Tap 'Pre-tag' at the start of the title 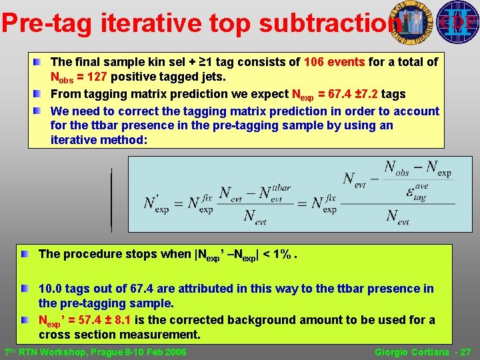pyautogui.click(x=47, y=23)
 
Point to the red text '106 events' pyautogui.click(x=334, y=62)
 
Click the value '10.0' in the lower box pyautogui.click(x=51, y=289)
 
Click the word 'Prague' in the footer pyautogui.click(x=113, y=352)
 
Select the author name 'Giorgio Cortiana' pyautogui.click(x=411, y=352)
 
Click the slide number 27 pyautogui.click(x=465, y=352)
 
